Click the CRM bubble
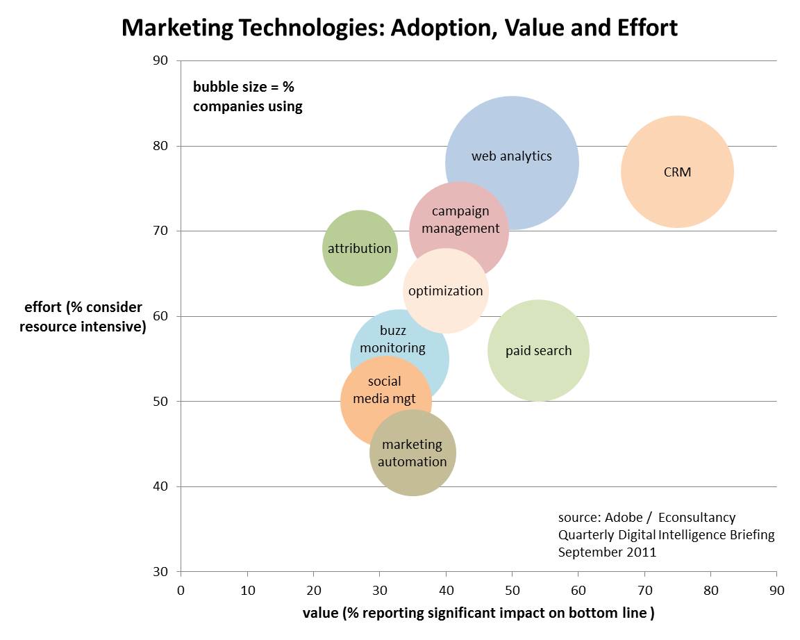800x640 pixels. point(677,172)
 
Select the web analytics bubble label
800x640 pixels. point(512,156)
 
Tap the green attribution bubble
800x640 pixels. point(360,248)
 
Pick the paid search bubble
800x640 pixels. point(539,351)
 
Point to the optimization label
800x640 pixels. point(445,291)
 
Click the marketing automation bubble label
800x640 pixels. point(412,453)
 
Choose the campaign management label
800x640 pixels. point(460,220)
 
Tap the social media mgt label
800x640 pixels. point(385,390)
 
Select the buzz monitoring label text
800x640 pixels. point(393,339)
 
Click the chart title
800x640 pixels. point(399,28)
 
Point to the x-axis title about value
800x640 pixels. point(478,613)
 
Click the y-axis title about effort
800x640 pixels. point(83,317)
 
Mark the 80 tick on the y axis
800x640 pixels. point(161,146)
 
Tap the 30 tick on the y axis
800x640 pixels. point(161,572)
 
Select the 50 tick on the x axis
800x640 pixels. point(512,591)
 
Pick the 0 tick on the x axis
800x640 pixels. point(181,591)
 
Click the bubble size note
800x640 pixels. point(248,97)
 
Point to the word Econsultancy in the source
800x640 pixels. point(697,518)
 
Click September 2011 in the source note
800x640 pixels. point(607,552)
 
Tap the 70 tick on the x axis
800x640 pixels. point(644,591)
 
